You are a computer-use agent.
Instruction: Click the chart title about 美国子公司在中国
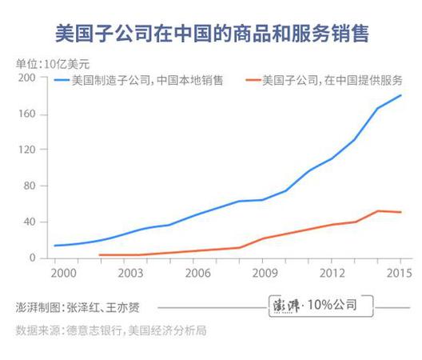coord(211,34)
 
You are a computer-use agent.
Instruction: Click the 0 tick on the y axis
coord(33,258)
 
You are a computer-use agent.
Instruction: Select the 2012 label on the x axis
coord(331,273)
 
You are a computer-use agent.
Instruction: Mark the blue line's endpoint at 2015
coord(400,96)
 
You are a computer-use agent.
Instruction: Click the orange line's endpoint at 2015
coord(400,212)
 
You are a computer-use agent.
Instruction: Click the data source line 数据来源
coord(111,330)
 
